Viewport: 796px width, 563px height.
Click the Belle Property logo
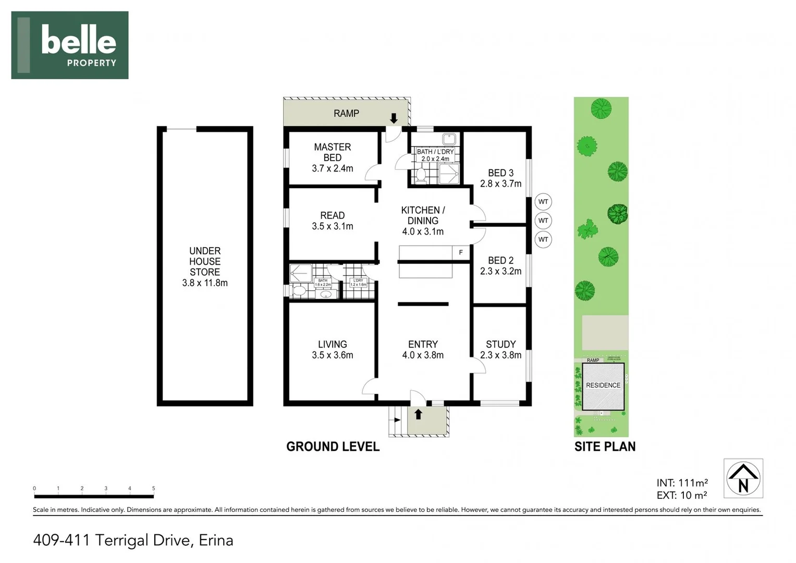pos(70,45)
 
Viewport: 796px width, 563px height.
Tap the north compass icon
pos(743,478)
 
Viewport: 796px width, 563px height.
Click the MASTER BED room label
pos(332,152)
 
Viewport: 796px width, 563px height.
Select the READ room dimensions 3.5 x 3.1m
pos(332,226)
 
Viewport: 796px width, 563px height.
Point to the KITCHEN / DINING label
pos(423,215)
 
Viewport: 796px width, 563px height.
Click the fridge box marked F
pos(461,252)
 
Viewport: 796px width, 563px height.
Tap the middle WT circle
pos(543,221)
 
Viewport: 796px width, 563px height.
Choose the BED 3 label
pos(500,173)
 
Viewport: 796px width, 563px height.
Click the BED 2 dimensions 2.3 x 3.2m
pos(500,271)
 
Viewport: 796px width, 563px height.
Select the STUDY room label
pos(500,344)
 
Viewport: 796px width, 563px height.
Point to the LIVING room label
pos(332,344)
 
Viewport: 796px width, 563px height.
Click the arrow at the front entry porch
pos(418,414)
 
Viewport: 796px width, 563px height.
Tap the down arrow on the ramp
pos(394,118)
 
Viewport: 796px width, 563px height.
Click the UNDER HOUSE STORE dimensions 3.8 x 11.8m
pos(205,283)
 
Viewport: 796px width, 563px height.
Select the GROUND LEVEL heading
pos(333,447)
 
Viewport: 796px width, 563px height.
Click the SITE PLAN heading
pos(605,447)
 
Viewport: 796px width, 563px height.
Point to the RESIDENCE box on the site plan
pos(603,386)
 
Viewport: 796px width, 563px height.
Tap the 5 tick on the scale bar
pos(153,489)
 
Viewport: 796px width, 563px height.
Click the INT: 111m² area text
pos(682,483)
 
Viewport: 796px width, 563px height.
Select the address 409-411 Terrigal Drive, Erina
pos(133,540)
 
